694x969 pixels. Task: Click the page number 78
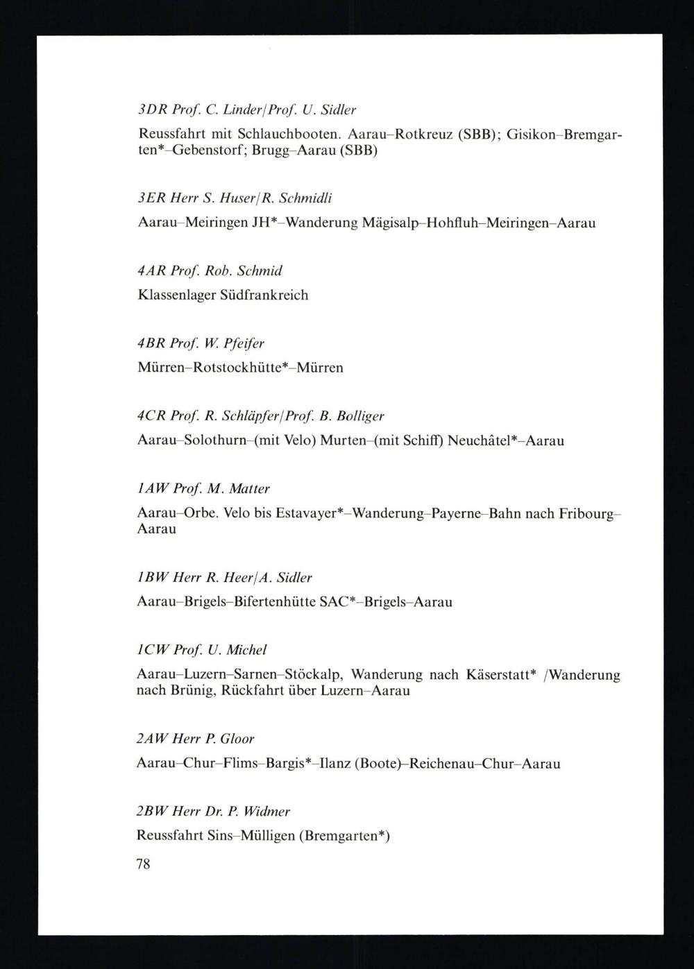144,864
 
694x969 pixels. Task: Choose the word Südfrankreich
264,295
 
